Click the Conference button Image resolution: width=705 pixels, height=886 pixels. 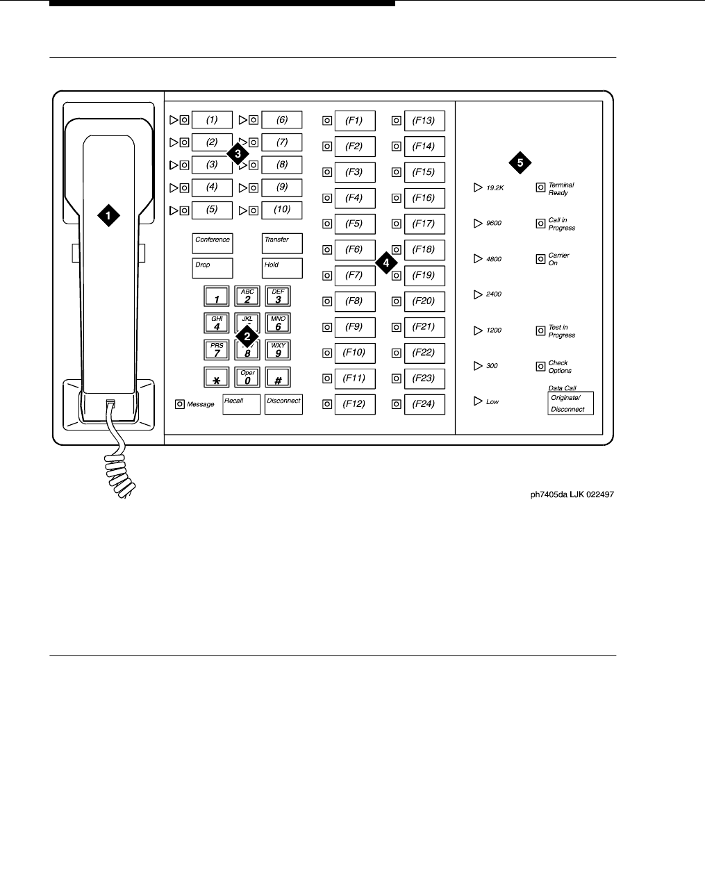tap(212, 243)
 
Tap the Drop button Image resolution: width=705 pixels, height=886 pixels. tap(212, 268)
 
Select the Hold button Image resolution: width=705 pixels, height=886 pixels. tap(282, 268)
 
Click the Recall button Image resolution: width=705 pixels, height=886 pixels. tap(241, 404)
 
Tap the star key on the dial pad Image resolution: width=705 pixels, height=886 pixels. tap(217, 377)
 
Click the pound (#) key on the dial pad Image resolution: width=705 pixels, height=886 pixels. tap(278, 377)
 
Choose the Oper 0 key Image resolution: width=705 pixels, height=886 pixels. tap(247, 377)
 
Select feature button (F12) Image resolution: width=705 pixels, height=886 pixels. tap(354, 404)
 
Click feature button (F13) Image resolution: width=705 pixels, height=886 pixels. tap(424, 121)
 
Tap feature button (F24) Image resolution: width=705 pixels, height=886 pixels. tap(424, 404)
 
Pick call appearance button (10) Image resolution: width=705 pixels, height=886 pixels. tap(282, 210)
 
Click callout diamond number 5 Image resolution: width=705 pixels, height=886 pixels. tap(520, 163)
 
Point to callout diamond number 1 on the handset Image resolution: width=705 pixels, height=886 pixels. tap(108, 215)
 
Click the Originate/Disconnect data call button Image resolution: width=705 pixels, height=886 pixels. tap(570, 403)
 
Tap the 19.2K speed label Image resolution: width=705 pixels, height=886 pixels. tap(495, 188)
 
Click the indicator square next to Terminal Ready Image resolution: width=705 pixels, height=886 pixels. tap(540, 188)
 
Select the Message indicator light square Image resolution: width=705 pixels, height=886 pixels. tap(180, 404)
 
